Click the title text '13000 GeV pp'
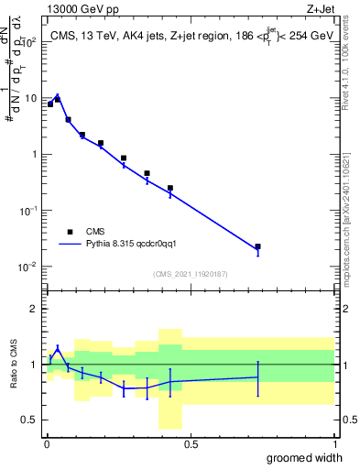pos(76,8)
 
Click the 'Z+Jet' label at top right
pos(318,8)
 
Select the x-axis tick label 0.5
pos(191,443)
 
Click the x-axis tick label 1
pos(334,443)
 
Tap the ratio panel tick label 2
pos(34,309)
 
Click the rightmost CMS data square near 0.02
pos(257,246)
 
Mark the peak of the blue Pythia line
pos(57,94)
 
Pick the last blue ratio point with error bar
pos(257,377)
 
